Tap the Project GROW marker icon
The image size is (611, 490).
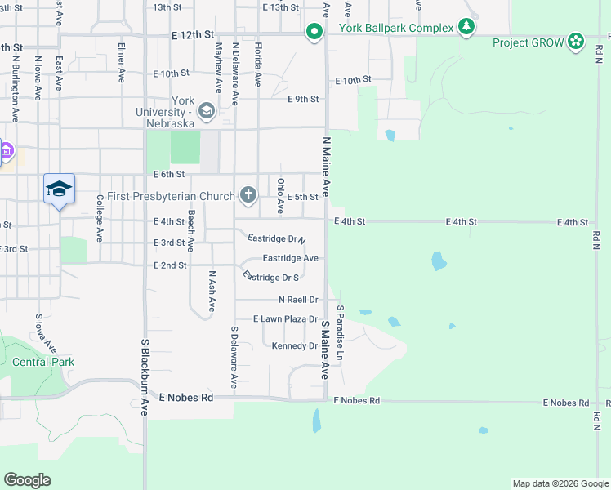coord(577,41)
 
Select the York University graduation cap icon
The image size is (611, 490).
coord(207,111)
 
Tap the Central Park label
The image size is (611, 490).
coord(43,362)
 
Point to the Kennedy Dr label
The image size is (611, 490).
coord(295,346)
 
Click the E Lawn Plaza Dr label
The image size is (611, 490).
coord(285,318)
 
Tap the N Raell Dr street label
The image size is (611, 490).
coord(297,300)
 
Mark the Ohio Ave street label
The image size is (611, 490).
coord(280,196)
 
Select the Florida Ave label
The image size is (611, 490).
coord(257,65)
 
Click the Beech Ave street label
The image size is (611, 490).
coord(190,230)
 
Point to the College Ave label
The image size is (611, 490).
coord(100,217)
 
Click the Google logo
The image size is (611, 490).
coord(27,480)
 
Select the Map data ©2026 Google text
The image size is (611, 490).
coord(560,483)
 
